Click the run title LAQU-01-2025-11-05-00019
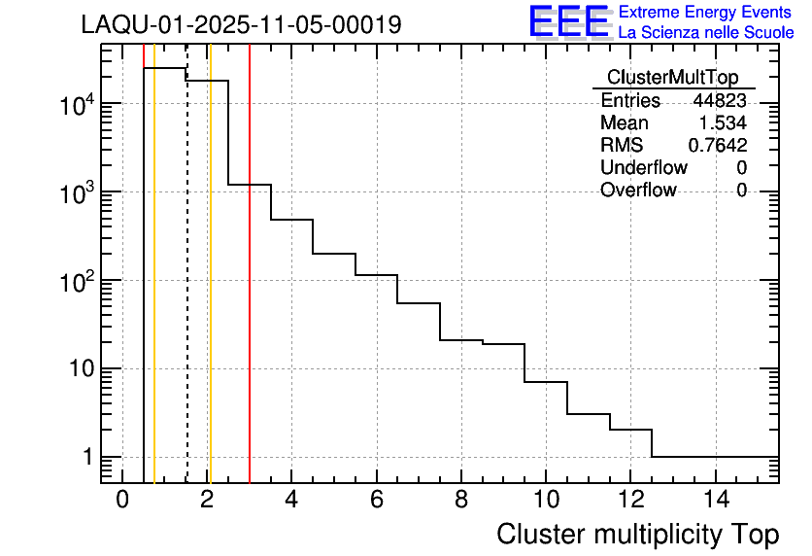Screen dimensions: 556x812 (x=241, y=25)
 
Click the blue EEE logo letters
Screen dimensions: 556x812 (x=569, y=22)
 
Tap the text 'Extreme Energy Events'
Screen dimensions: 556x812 (x=705, y=13)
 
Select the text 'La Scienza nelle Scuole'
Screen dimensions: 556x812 (x=706, y=32)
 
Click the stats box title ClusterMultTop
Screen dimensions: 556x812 (x=672, y=78)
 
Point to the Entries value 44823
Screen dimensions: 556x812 (x=719, y=101)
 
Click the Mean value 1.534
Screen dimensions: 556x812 (x=723, y=123)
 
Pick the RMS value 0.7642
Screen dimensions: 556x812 (x=717, y=146)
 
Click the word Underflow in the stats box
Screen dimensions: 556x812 (x=643, y=168)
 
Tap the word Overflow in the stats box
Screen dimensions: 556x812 (x=638, y=191)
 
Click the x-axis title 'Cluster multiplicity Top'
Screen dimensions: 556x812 (x=637, y=535)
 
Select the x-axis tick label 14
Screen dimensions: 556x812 (x=715, y=500)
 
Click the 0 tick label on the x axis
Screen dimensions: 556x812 (x=122, y=500)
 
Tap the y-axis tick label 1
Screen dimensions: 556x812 (x=87, y=457)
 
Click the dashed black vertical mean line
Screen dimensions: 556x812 (x=186, y=292)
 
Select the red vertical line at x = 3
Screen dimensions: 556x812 (x=250, y=292)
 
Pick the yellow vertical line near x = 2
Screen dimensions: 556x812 (x=210, y=292)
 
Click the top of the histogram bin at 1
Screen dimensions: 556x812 (x=165, y=68)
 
